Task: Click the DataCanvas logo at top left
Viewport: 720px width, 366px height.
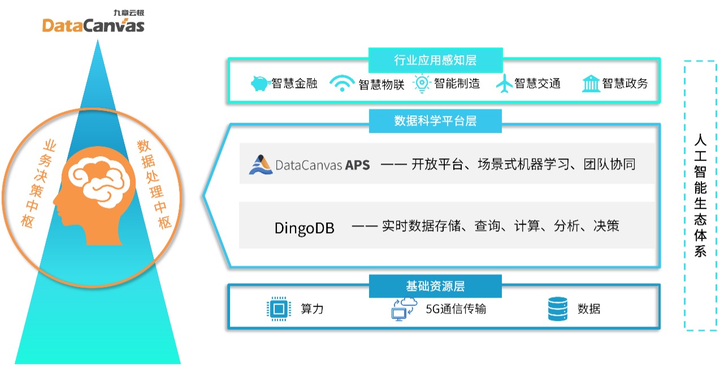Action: (x=93, y=21)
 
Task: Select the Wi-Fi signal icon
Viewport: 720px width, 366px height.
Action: (x=342, y=83)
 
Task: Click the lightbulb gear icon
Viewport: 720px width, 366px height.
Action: (x=422, y=84)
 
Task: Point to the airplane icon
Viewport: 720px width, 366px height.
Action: (x=504, y=84)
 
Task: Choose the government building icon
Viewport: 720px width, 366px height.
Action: (x=591, y=84)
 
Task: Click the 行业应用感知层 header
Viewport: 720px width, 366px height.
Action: (x=436, y=60)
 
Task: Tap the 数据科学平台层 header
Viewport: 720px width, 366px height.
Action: (x=435, y=121)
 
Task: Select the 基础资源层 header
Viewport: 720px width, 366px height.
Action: (x=435, y=286)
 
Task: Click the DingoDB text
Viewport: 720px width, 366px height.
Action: (x=305, y=228)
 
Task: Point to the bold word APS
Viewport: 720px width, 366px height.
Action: (x=357, y=165)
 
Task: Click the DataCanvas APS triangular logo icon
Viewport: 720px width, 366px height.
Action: (x=261, y=165)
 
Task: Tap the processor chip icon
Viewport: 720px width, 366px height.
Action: (x=279, y=309)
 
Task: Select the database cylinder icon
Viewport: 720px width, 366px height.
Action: (x=558, y=309)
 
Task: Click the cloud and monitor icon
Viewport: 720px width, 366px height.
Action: (x=404, y=309)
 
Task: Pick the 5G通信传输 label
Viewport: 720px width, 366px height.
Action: (x=456, y=309)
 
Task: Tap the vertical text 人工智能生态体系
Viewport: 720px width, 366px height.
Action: (x=700, y=195)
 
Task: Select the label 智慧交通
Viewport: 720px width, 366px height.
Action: (x=537, y=83)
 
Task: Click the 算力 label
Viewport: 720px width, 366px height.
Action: (x=312, y=309)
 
